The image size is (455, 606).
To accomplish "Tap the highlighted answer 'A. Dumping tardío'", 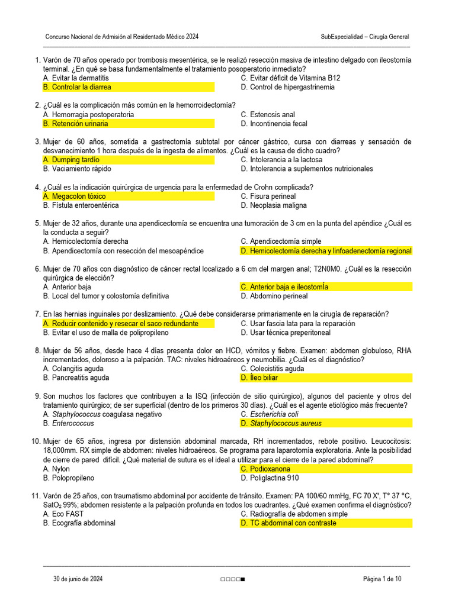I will pos(71,160).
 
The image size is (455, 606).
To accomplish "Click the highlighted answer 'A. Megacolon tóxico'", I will pos(75,196).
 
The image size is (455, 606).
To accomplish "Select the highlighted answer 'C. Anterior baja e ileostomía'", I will pos(284,287).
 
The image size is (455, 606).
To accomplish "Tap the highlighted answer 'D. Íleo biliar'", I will pos(259,378).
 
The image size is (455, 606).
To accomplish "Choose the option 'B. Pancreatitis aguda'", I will pos(76,378).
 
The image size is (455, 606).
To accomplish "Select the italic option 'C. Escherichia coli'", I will pos(270,414).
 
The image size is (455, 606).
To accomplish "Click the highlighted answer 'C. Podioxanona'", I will pos(265,469).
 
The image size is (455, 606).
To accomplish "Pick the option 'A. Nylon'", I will pos(56,469).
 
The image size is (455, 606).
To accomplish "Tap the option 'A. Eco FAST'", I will pos(62,514).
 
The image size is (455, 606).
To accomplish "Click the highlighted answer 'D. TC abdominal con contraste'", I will pos(289,523).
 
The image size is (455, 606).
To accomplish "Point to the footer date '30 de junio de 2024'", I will pos(78,579).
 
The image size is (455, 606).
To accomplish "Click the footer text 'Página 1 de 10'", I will pos(382,579).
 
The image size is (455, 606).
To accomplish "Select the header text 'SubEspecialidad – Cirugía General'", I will pos(364,37).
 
